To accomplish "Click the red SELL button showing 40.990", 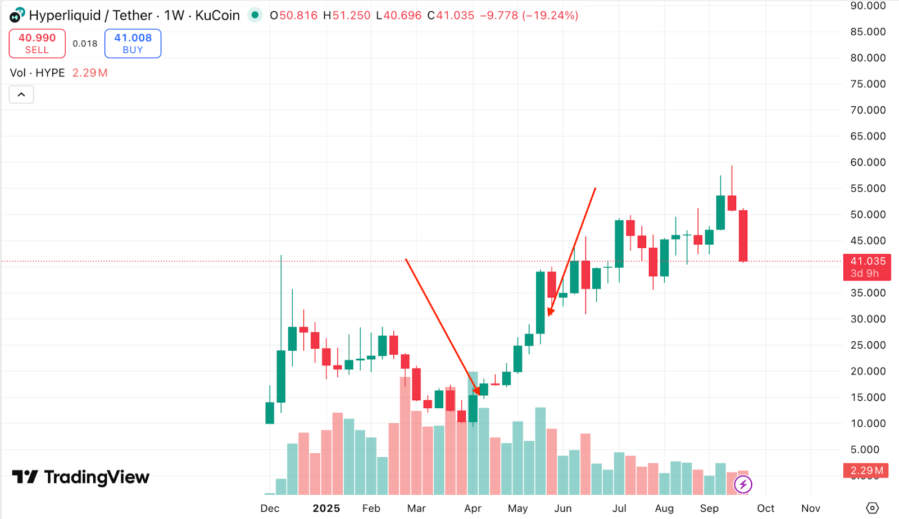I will [x=37, y=43].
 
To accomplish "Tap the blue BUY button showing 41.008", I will [x=133, y=43].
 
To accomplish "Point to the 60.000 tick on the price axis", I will [x=868, y=163].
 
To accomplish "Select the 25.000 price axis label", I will [x=868, y=345].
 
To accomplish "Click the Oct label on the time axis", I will [x=765, y=508].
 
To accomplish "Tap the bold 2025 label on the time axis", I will [x=326, y=508].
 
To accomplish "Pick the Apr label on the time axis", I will [x=473, y=508].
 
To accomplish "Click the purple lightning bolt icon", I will [x=743, y=484].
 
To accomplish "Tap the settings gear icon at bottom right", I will [x=872, y=508].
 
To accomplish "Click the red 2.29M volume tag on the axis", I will [x=866, y=471].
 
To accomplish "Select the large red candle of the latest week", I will [x=743, y=236].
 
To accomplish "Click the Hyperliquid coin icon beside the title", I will [x=17, y=15].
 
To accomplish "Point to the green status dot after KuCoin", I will [x=255, y=15].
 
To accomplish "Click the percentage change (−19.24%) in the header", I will [x=550, y=16].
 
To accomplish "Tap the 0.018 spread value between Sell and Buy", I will [x=85, y=43].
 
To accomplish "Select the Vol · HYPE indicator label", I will [x=37, y=73].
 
